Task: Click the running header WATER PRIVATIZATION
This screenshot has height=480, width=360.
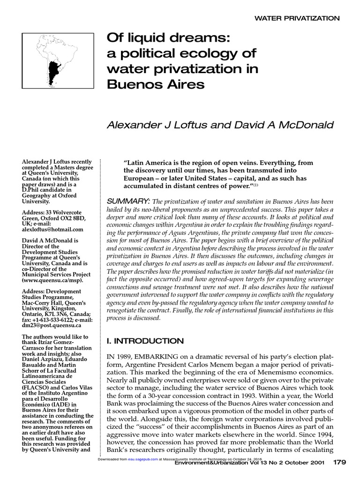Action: click(x=297, y=18)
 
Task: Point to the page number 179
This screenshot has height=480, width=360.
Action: click(x=339, y=462)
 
